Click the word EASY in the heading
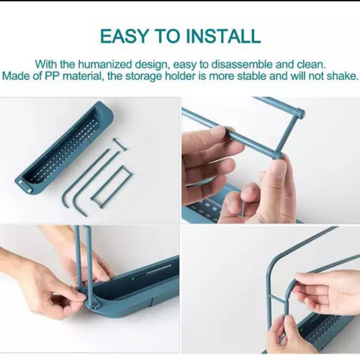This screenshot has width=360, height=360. coord(124,36)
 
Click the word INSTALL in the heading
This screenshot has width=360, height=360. coord(223,36)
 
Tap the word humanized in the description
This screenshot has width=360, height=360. coord(105,64)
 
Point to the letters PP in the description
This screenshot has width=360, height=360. coord(53,76)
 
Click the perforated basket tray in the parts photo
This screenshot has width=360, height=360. coord(65,148)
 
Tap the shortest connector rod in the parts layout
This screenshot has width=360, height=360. coord(120,145)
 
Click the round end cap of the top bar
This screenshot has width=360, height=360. coord(300,113)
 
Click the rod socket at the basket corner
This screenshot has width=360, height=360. coord(92,305)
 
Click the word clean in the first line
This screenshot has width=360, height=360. coord(312,64)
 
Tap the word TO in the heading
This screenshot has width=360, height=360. coord(167,36)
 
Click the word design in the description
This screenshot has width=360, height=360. coord(151,65)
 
